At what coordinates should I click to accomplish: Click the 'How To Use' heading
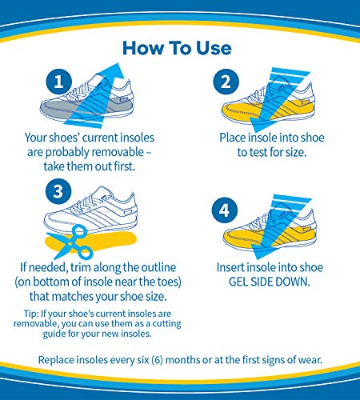(177, 47)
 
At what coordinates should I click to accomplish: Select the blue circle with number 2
(226, 82)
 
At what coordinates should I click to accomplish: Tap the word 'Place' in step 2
(235, 138)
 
